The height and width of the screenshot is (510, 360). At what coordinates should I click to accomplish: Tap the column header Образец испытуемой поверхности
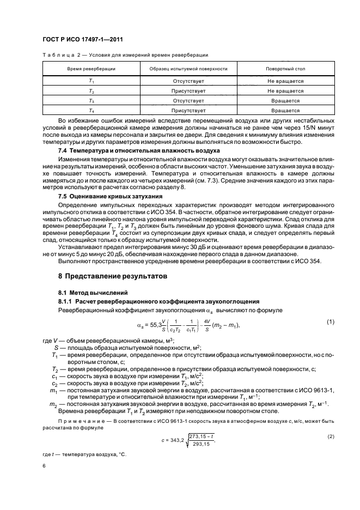(184, 70)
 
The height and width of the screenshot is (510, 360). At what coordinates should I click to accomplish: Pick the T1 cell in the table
(91, 81)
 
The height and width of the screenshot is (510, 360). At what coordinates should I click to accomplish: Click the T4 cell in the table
(91, 111)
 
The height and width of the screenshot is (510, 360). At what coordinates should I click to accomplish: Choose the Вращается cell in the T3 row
(285, 101)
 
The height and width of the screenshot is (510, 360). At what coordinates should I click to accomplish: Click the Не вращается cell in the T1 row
(285, 81)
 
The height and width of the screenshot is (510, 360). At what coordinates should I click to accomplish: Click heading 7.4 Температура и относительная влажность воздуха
(139, 150)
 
